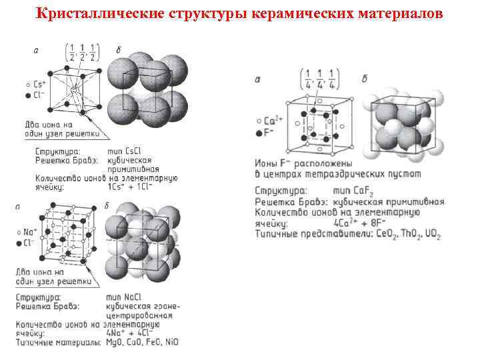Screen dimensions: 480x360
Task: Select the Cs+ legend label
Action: coord(41,85)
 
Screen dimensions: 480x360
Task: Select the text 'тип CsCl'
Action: coord(129,151)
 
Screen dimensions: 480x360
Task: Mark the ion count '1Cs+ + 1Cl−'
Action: coord(130,187)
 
